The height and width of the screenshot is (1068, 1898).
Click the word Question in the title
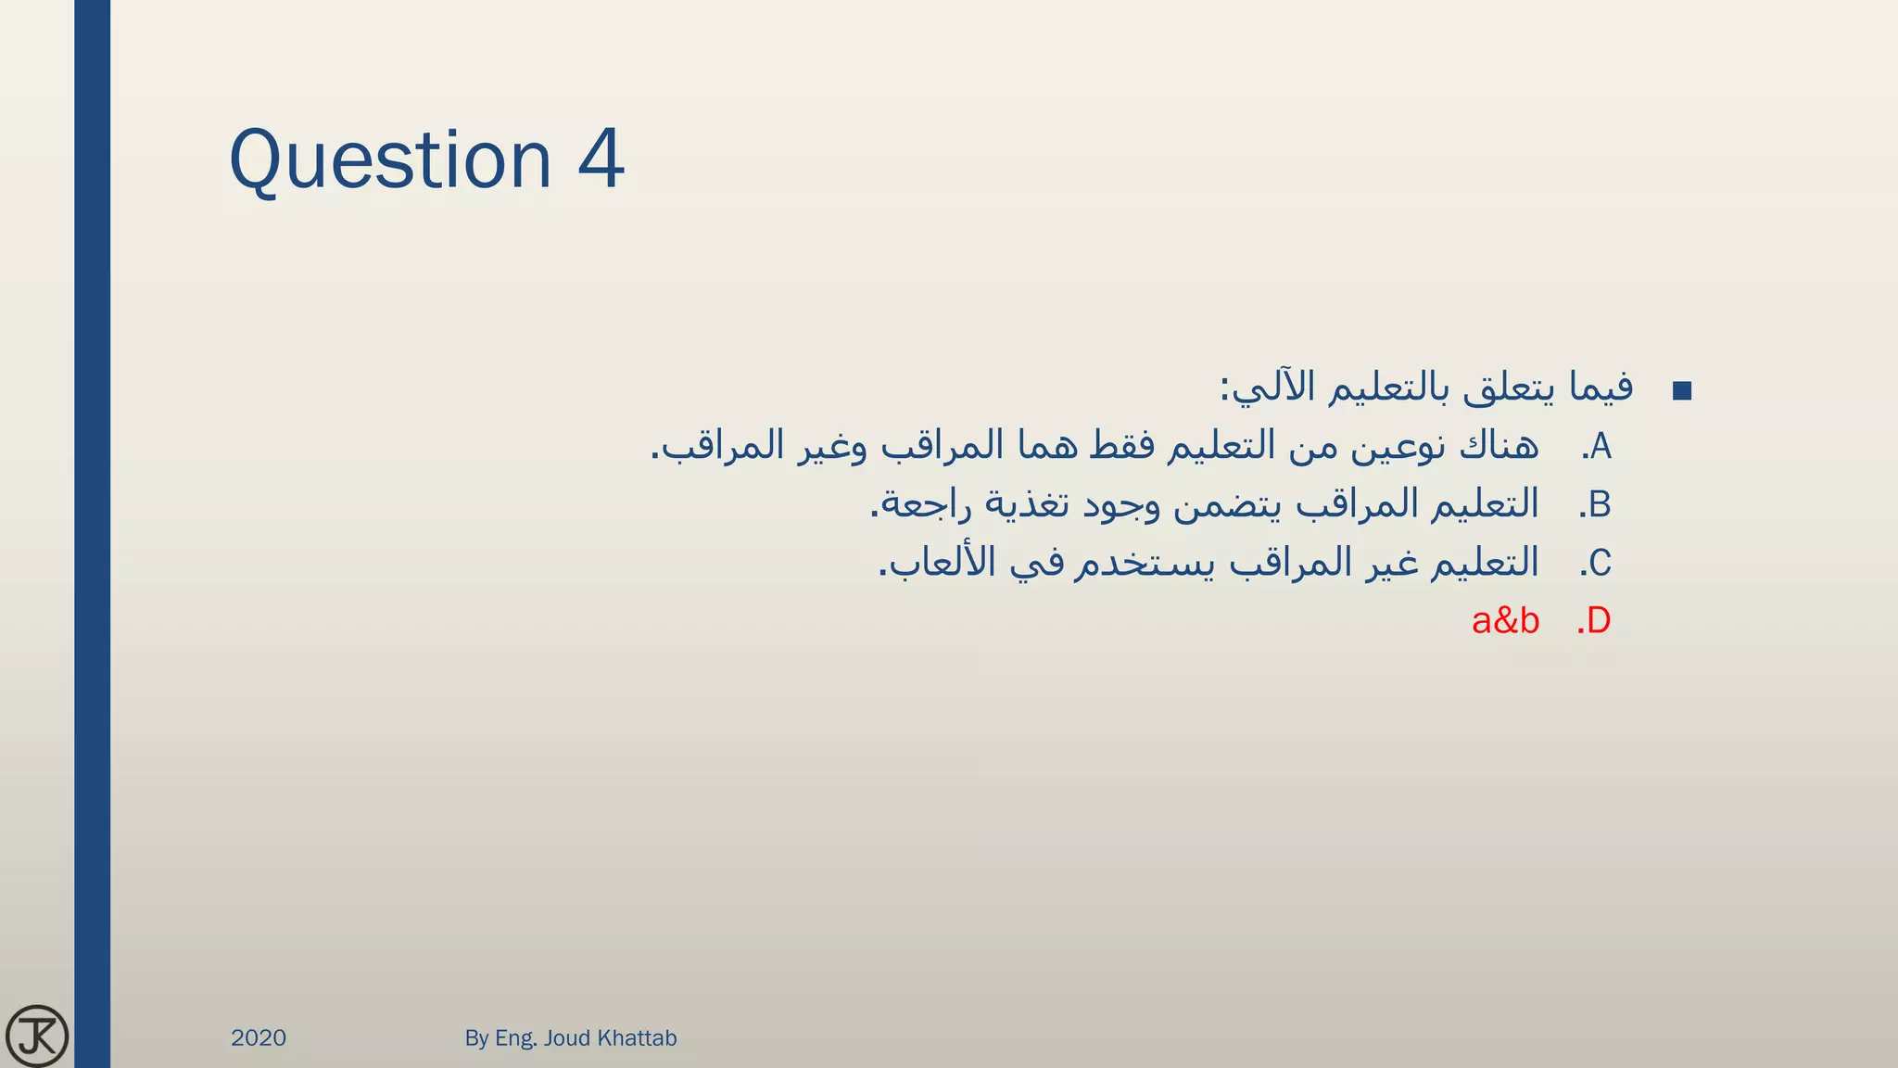click(390, 160)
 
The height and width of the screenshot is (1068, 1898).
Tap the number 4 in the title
click(601, 159)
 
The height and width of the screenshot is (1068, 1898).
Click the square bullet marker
click(1682, 391)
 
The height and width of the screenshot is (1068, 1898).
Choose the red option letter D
click(1599, 621)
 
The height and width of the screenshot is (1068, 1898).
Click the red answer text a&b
click(1505, 621)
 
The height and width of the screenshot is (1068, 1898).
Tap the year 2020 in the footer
click(259, 1037)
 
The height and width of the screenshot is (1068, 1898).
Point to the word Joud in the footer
click(566, 1037)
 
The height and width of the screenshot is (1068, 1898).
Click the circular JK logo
click(37, 1036)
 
